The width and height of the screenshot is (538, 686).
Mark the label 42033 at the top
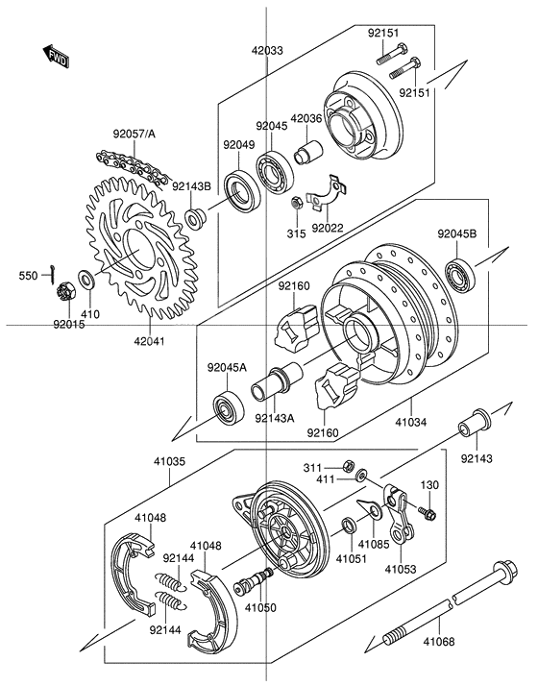tap(268, 50)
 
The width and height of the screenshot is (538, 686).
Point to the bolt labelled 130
tap(428, 514)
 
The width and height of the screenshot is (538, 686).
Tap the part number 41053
tap(400, 569)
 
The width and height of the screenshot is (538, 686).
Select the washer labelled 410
tap(86, 281)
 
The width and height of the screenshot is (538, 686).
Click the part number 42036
tap(306, 119)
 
